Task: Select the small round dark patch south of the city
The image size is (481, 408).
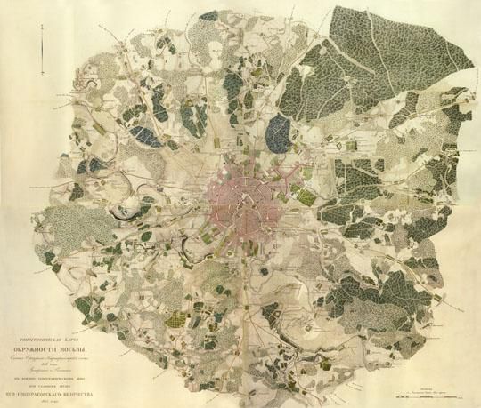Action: pyautogui.click(x=239, y=293)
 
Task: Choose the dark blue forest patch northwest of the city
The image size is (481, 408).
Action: pyautogui.click(x=143, y=136)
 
